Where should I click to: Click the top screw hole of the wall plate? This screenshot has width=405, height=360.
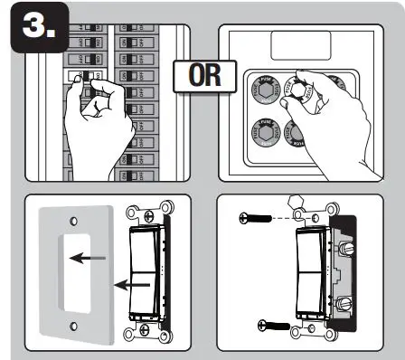click(74, 219)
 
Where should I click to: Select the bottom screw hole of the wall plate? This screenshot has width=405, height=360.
click(74, 324)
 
